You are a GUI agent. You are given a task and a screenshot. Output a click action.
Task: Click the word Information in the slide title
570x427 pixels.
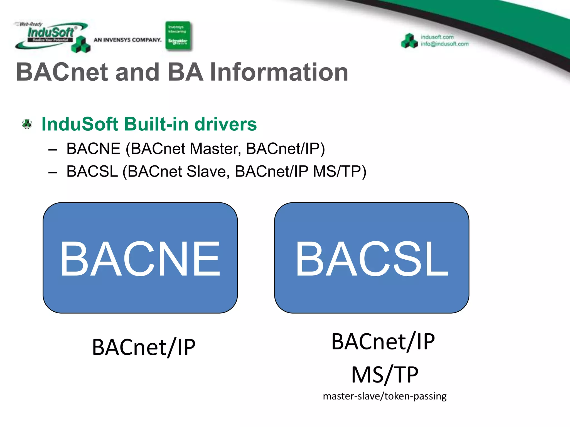(279, 72)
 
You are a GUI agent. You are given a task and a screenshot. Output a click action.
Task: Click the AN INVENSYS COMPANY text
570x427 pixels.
(127, 40)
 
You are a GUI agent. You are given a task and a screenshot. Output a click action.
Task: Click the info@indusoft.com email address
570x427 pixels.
(444, 44)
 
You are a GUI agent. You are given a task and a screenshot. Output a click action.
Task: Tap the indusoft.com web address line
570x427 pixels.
(437, 37)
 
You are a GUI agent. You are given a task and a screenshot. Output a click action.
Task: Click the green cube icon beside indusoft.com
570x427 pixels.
(409, 41)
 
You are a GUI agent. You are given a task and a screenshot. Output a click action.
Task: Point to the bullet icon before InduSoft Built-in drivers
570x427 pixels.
(27, 124)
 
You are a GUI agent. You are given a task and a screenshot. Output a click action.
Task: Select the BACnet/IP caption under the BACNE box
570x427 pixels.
(144, 347)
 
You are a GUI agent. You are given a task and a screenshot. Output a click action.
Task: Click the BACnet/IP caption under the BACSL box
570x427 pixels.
(383, 342)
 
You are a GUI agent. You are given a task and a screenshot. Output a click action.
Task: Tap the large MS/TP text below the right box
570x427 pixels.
(385, 375)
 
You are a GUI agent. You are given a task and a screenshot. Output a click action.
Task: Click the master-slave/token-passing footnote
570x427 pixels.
(385, 396)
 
